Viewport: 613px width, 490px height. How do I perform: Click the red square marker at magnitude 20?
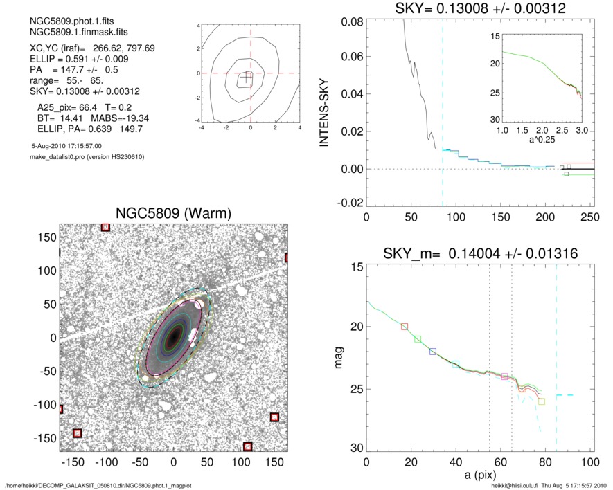tap(405, 326)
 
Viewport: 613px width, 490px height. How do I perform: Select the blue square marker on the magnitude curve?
tap(433, 352)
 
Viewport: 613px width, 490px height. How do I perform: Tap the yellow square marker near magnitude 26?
tap(541, 401)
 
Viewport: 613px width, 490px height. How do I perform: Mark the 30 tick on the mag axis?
tap(355, 449)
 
